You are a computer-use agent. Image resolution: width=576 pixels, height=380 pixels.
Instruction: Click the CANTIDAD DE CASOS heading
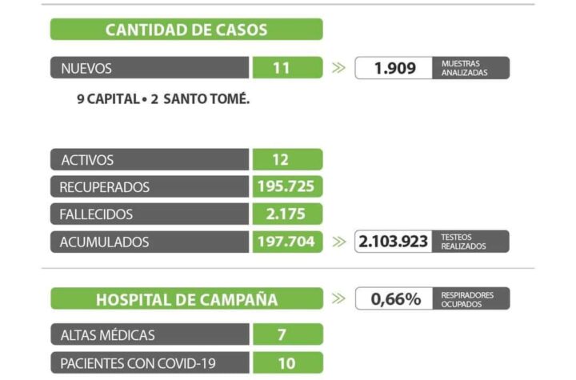pyautogui.click(x=186, y=30)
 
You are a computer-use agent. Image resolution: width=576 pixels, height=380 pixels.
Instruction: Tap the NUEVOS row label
pyautogui.click(x=86, y=69)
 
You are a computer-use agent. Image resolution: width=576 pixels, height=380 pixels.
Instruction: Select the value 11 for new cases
pyautogui.click(x=281, y=68)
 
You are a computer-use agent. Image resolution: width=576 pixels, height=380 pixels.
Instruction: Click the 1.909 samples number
pyautogui.click(x=395, y=68)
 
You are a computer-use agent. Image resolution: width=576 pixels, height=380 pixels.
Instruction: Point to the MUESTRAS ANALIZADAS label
pyautogui.click(x=464, y=68)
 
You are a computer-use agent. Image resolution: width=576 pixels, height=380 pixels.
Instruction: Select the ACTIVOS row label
pyautogui.click(x=87, y=160)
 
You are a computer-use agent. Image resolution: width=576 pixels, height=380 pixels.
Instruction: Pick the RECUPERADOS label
pyautogui.click(x=105, y=187)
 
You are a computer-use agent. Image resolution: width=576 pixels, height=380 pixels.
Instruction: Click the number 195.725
pyautogui.click(x=286, y=187)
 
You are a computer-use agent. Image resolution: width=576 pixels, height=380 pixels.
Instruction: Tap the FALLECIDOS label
pyautogui.click(x=96, y=214)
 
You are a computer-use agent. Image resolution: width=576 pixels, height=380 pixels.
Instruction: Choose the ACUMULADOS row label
pyautogui.click(x=104, y=242)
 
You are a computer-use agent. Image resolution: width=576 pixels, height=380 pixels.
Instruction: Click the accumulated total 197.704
pyautogui.click(x=286, y=242)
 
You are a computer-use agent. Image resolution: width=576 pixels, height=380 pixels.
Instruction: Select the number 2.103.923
pyautogui.click(x=394, y=242)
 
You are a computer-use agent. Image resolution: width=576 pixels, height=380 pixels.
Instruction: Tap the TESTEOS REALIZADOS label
pyautogui.click(x=463, y=242)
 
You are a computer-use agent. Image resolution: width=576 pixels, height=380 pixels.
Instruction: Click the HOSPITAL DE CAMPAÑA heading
pyautogui.click(x=186, y=300)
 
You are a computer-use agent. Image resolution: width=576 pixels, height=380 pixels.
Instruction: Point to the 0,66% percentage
pyautogui.click(x=395, y=299)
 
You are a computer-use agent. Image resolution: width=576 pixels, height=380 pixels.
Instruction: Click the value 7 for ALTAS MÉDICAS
pyautogui.click(x=282, y=334)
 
